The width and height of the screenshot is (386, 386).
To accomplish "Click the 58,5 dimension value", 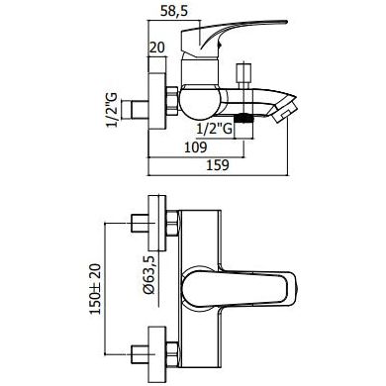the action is click(174, 12).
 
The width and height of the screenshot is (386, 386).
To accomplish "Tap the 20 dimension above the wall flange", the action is click(157, 48).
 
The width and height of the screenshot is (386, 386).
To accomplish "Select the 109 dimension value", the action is click(195, 147).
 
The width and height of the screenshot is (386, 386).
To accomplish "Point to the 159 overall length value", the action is click(218, 165).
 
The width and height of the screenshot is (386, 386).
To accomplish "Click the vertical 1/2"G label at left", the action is click(111, 110).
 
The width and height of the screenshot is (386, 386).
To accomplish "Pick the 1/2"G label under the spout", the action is click(215, 129).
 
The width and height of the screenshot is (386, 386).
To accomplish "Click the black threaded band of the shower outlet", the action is click(243, 118).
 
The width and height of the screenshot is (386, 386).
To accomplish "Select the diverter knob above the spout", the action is click(243, 73).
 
